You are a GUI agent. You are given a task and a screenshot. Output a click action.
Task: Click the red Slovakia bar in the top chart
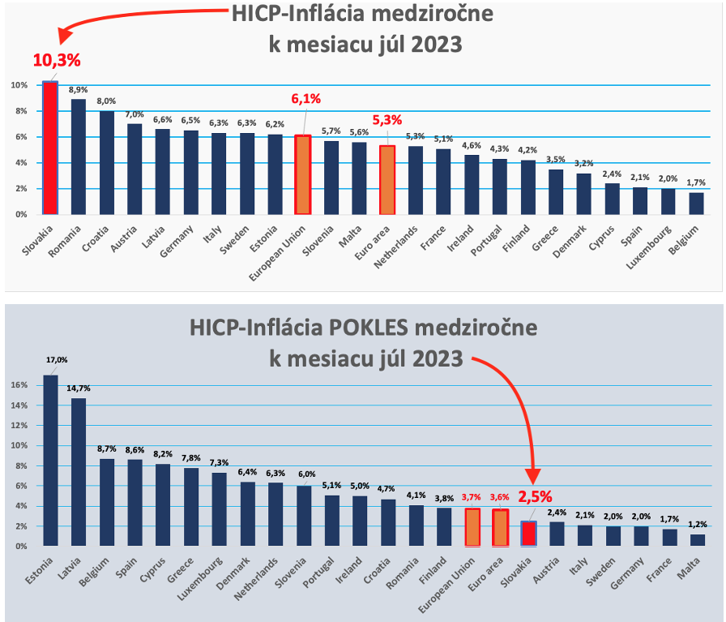[50, 148]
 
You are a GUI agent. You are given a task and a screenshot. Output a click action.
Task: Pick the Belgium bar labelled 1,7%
[696, 203]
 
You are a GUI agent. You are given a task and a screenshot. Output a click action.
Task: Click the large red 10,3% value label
[57, 60]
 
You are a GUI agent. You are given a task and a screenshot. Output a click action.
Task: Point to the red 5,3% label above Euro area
[387, 120]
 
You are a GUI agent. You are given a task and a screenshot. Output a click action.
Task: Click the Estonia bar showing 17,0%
[50, 460]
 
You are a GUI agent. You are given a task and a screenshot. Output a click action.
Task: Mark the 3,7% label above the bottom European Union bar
[472, 497]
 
